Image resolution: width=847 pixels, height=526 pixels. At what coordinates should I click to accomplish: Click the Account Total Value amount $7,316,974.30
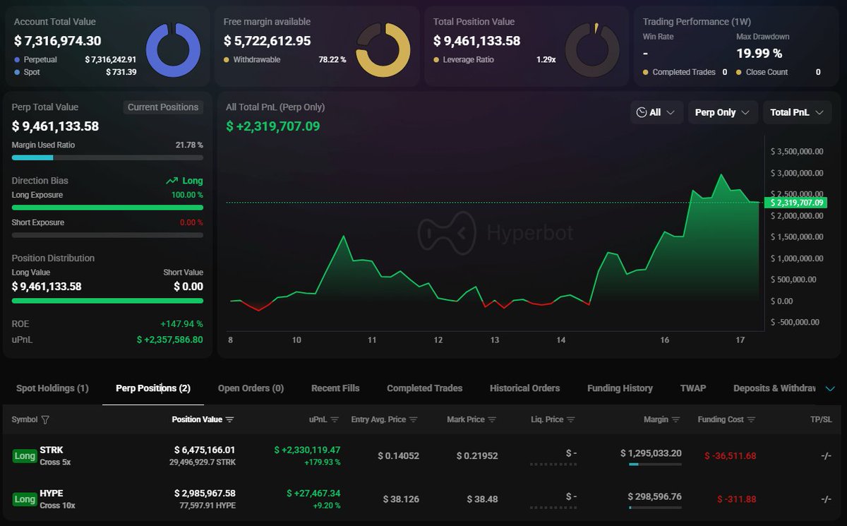(58, 41)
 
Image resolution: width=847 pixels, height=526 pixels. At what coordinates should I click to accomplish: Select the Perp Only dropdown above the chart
(722, 112)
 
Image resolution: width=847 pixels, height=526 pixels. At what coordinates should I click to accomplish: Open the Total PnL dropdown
(796, 112)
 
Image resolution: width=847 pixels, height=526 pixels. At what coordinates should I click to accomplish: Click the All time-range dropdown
(656, 112)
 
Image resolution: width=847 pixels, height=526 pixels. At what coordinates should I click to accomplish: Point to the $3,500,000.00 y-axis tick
(797, 151)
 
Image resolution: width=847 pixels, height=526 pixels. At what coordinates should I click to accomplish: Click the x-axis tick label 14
(560, 340)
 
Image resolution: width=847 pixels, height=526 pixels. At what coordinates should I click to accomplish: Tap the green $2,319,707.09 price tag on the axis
(796, 203)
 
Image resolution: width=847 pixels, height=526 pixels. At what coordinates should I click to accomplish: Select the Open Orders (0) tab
(251, 388)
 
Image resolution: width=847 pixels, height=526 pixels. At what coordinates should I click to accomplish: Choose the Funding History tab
(620, 388)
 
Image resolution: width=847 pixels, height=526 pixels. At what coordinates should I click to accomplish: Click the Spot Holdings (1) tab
(52, 388)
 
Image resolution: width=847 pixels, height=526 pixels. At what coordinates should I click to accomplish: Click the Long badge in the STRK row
(25, 456)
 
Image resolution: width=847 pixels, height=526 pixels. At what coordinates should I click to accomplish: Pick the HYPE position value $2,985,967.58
(205, 493)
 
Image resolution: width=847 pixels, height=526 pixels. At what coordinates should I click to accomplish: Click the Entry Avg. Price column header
(378, 419)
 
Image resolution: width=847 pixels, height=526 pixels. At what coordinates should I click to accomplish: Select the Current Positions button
(163, 107)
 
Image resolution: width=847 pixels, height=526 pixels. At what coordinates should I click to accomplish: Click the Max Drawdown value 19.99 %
(759, 53)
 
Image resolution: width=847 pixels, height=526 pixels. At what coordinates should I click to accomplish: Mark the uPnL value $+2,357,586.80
(169, 340)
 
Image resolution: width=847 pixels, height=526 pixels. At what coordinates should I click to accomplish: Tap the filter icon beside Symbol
(45, 419)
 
